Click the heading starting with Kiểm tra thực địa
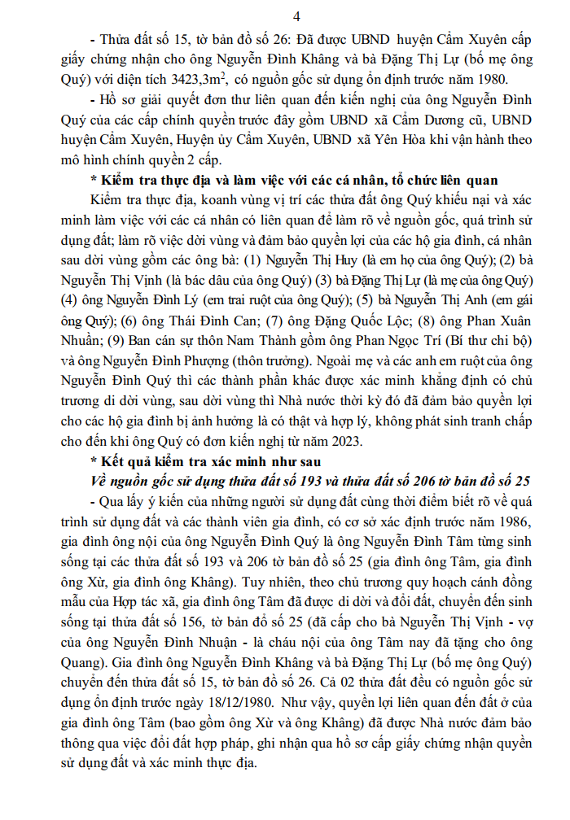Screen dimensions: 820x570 coord(292,180)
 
